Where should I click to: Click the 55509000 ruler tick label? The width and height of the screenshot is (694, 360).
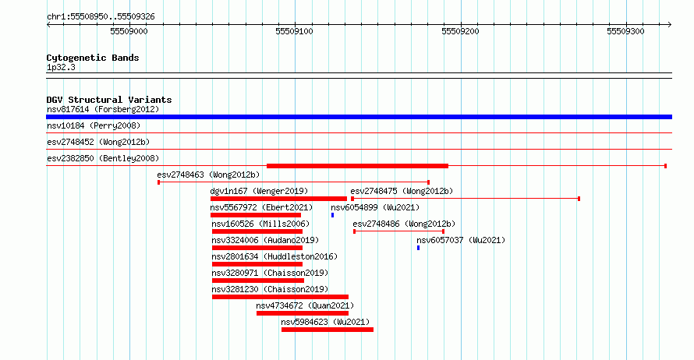129,31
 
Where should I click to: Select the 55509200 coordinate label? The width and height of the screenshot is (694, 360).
460,31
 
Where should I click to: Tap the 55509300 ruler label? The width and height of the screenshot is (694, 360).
626,31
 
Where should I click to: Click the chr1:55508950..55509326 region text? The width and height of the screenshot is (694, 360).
101,17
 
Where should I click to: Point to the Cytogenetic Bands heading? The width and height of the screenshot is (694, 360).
93,58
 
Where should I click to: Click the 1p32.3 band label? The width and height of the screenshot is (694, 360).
61,68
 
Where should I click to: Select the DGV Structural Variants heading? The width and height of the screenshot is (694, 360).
109,100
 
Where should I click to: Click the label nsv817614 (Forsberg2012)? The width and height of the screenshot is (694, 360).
103,109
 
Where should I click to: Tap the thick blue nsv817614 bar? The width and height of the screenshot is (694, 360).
359,117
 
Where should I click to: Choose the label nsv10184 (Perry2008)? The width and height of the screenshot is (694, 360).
94,125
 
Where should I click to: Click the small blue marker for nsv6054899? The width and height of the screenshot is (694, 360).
332,215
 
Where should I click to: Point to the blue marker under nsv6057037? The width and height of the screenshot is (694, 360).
418,248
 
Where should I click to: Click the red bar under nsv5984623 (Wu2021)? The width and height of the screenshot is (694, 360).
328,330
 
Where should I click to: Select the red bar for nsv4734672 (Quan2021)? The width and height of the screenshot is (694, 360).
303,313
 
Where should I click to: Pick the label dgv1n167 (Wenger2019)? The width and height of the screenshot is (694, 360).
259,191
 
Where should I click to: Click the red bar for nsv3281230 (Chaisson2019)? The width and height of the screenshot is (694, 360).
280,297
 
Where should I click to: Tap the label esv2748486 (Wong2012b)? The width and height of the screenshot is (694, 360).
404,224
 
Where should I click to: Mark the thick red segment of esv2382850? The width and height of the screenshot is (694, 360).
358,166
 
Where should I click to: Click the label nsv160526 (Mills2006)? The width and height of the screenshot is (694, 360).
260,224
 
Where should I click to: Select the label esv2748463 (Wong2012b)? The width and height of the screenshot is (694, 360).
208,175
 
